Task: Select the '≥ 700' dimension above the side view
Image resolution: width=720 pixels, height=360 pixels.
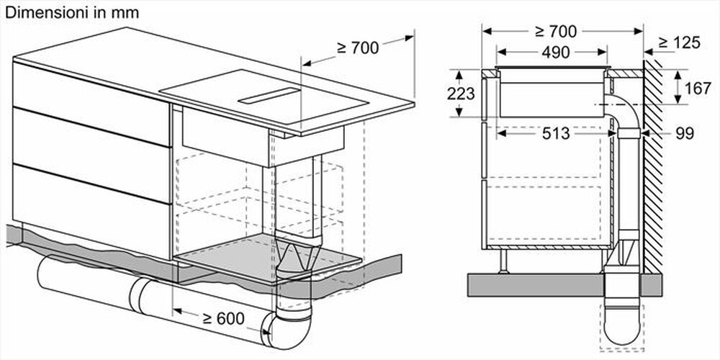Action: pyautogui.click(x=556, y=31)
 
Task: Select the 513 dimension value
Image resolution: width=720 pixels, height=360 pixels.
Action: pyautogui.click(x=552, y=134)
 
